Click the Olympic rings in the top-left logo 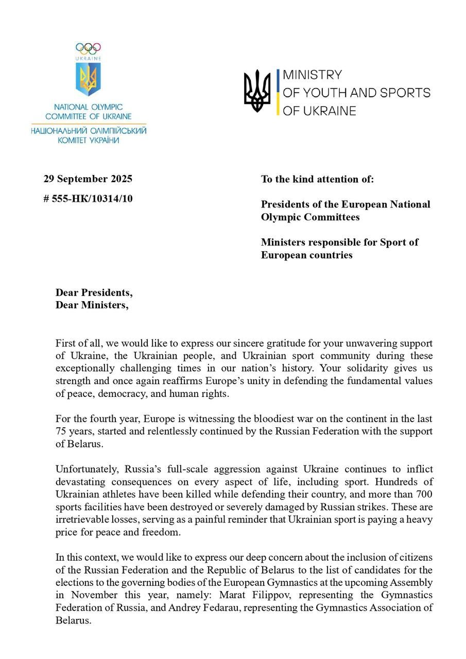[88, 48]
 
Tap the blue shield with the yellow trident [88, 79]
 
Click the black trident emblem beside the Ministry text [257, 91]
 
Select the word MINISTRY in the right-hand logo [312, 75]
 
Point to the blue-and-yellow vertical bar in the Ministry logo [278, 92]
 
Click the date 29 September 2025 [88, 179]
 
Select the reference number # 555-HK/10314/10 [88, 199]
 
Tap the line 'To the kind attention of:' [317, 179]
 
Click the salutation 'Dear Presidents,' [94, 292]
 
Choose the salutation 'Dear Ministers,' [92, 305]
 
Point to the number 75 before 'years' [61, 431]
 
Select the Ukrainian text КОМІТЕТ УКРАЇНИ [88, 140]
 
